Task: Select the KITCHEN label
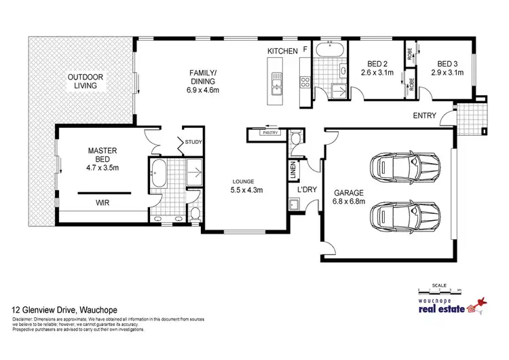click(282, 52)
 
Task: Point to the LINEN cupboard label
click(293, 169)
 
